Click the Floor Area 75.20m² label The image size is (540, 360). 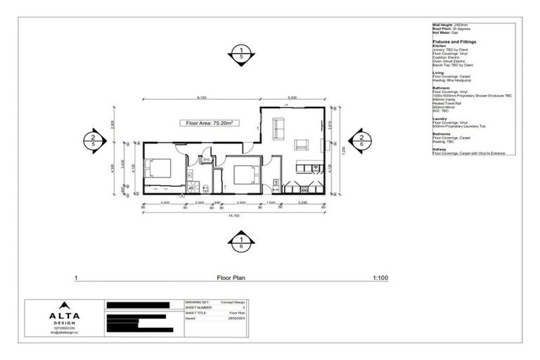209,122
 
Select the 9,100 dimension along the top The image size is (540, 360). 202,98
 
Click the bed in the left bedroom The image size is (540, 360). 158,169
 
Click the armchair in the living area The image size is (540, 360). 301,145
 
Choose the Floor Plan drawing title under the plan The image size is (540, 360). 231,278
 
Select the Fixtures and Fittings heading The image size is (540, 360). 454,41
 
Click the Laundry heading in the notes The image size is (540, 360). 440,119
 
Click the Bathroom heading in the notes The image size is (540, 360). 442,88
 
